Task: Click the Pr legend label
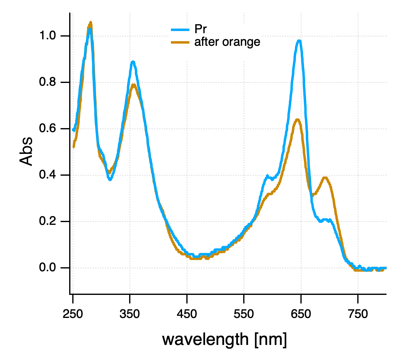tap(200, 29)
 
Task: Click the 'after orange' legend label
tap(227, 42)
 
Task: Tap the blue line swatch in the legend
tap(180, 29)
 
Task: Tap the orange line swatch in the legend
tap(180, 42)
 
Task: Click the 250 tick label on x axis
tap(73, 314)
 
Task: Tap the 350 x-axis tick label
tap(130, 314)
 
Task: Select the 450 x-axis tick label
tap(187, 314)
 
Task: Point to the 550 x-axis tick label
tap(244, 314)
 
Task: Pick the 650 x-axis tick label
tap(301, 314)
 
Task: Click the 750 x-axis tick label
tap(358, 314)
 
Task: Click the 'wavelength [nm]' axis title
tap(224, 339)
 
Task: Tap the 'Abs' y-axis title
tap(26, 151)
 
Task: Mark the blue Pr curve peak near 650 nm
tap(299, 41)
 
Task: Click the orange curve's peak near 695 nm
tap(325, 178)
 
